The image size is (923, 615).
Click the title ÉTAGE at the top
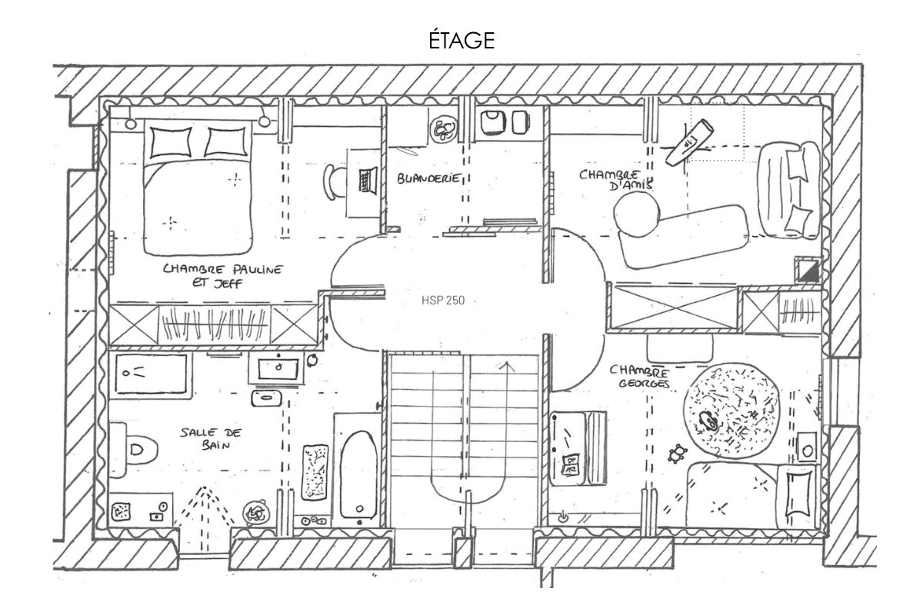[x=461, y=40]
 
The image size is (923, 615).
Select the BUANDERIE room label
[x=428, y=178]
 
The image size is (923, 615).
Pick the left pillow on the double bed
[x=170, y=141]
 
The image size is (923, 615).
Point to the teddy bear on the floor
[x=678, y=454]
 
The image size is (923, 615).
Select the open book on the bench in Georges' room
[x=571, y=464]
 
